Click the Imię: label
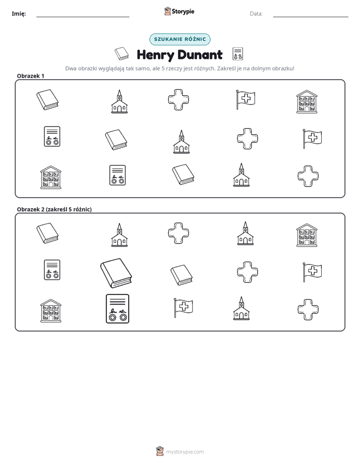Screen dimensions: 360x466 click(19, 14)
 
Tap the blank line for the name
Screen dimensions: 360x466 click(83, 17)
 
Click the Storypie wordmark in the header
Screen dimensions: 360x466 click(183, 12)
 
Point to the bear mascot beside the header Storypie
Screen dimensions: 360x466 click(167, 11)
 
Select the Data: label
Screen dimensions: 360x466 click(256, 14)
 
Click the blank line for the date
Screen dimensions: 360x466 click(311, 17)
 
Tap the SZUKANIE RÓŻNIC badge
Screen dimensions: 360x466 click(180, 39)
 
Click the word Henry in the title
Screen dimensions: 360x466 click(156, 55)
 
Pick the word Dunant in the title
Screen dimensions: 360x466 click(200, 54)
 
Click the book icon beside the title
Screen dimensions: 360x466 click(122, 53)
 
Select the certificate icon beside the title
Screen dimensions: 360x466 click(237, 54)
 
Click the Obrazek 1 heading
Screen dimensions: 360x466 click(31, 76)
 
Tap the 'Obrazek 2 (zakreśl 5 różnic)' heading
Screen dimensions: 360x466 click(54, 209)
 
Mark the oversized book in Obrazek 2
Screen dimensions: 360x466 click(116, 273)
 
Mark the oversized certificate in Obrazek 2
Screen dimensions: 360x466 click(117, 309)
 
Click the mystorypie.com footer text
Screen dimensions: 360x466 click(185, 452)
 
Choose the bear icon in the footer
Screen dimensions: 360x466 click(160, 451)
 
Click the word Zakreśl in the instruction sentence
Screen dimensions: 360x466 click(226, 69)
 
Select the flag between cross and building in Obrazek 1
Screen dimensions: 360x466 click(246, 99)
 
